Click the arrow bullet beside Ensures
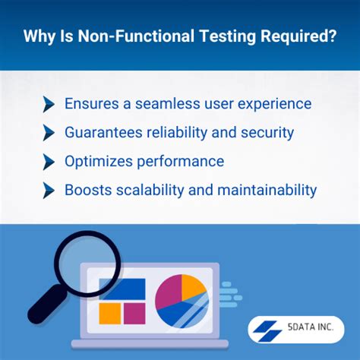click(x=49, y=104)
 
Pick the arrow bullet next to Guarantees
click(x=49, y=133)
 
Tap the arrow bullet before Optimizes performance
click(x=49, y=162)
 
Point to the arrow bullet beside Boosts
click(x=49, y=191)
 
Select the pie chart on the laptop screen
click(x=181, y=301)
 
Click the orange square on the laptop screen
click(x=109, y=314)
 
